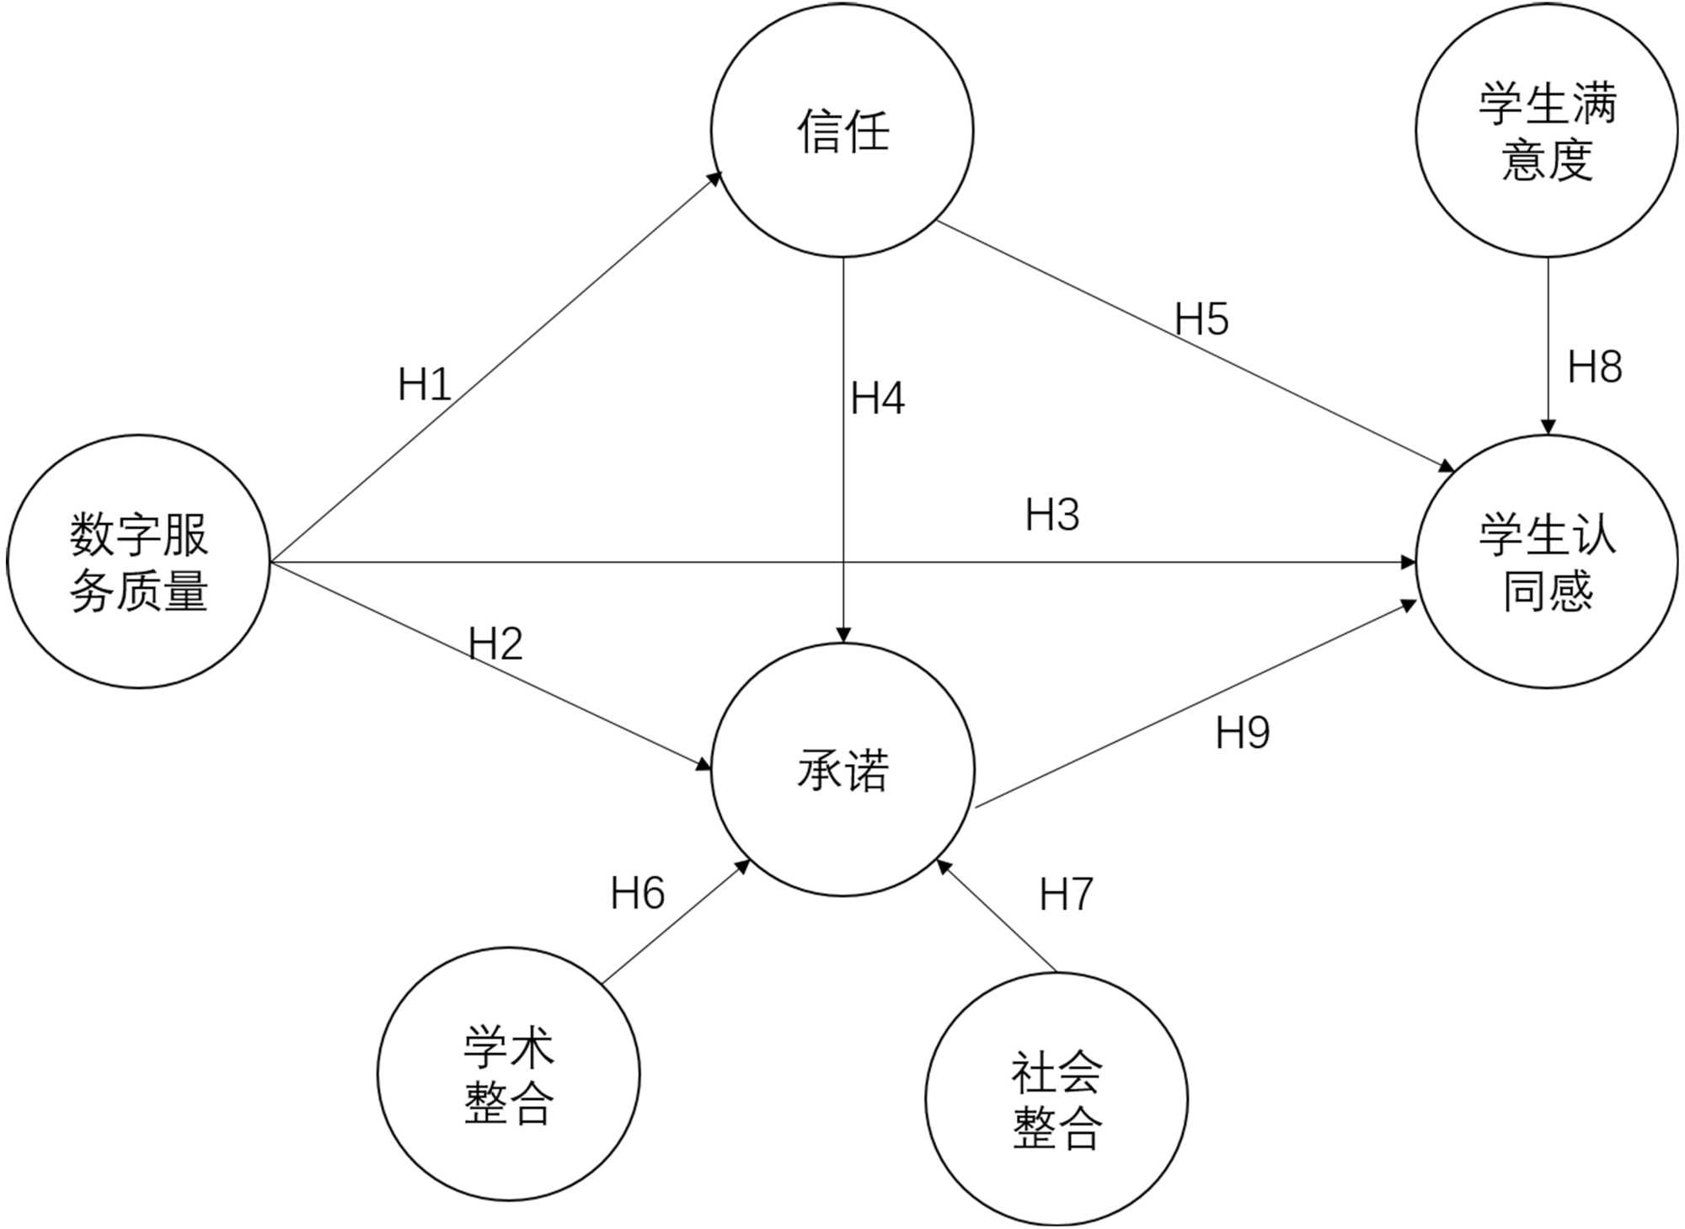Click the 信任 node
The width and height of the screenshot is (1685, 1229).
click(x=842, y=131)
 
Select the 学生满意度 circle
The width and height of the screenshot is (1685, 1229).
click(x=1547, y=131)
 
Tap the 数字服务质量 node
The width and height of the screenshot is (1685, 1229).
click(x=138, y=562)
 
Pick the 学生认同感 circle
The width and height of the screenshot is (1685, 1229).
click(x=1547, y=562)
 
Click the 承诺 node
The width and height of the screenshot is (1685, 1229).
click(x=842, y=769)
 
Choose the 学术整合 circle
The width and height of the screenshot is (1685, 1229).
click(x=508, y=1074)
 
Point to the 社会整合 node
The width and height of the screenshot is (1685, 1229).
click(x=1056, y=1099)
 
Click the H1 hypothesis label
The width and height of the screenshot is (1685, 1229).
click(x=424, y=385)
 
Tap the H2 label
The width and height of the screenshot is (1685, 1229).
click(x=495, y=644)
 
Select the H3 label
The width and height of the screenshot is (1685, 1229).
click(x=1052, y=515)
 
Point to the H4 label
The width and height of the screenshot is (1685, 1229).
click(x=877, y=398)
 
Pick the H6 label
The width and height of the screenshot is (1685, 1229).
click(x=637, y=893)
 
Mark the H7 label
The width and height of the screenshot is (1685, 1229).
click(x=1066, y=894)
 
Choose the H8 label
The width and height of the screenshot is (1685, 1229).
click(x=1594, y=367)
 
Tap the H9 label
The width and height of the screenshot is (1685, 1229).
click(x=1242, y=733)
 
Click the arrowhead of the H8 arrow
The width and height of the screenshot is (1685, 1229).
click(x=1548, y=428)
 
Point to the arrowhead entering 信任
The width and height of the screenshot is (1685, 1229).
click(x=715, y=179)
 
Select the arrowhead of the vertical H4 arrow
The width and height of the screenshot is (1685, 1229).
click(x=843, y=636)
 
